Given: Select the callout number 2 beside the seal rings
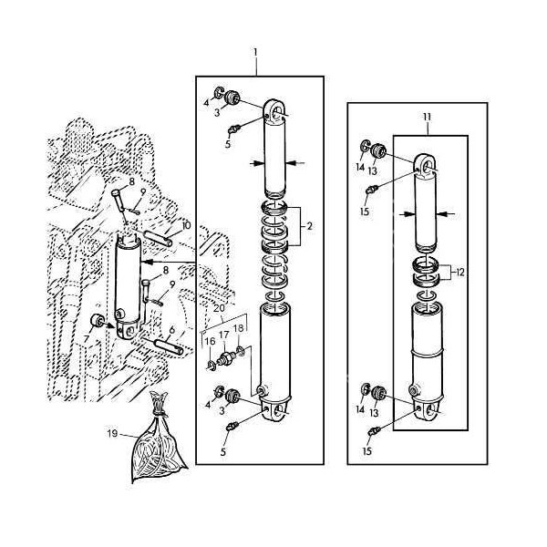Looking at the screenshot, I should tap(309, 225).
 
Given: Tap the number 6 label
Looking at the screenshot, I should tap(171, 330).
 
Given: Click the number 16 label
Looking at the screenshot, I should tap(209, 341).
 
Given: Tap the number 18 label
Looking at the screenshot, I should tap(239, 328).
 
